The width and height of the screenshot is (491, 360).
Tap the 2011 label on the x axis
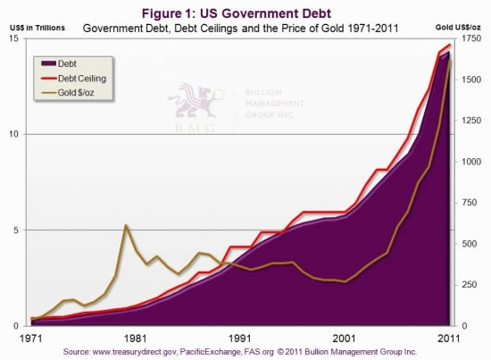[x=449, y=339]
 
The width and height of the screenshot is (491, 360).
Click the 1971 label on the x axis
[x=30, y=339]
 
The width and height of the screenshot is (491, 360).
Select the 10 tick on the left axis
[x=19, y=134]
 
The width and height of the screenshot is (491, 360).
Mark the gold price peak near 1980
[x=127, y=225]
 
